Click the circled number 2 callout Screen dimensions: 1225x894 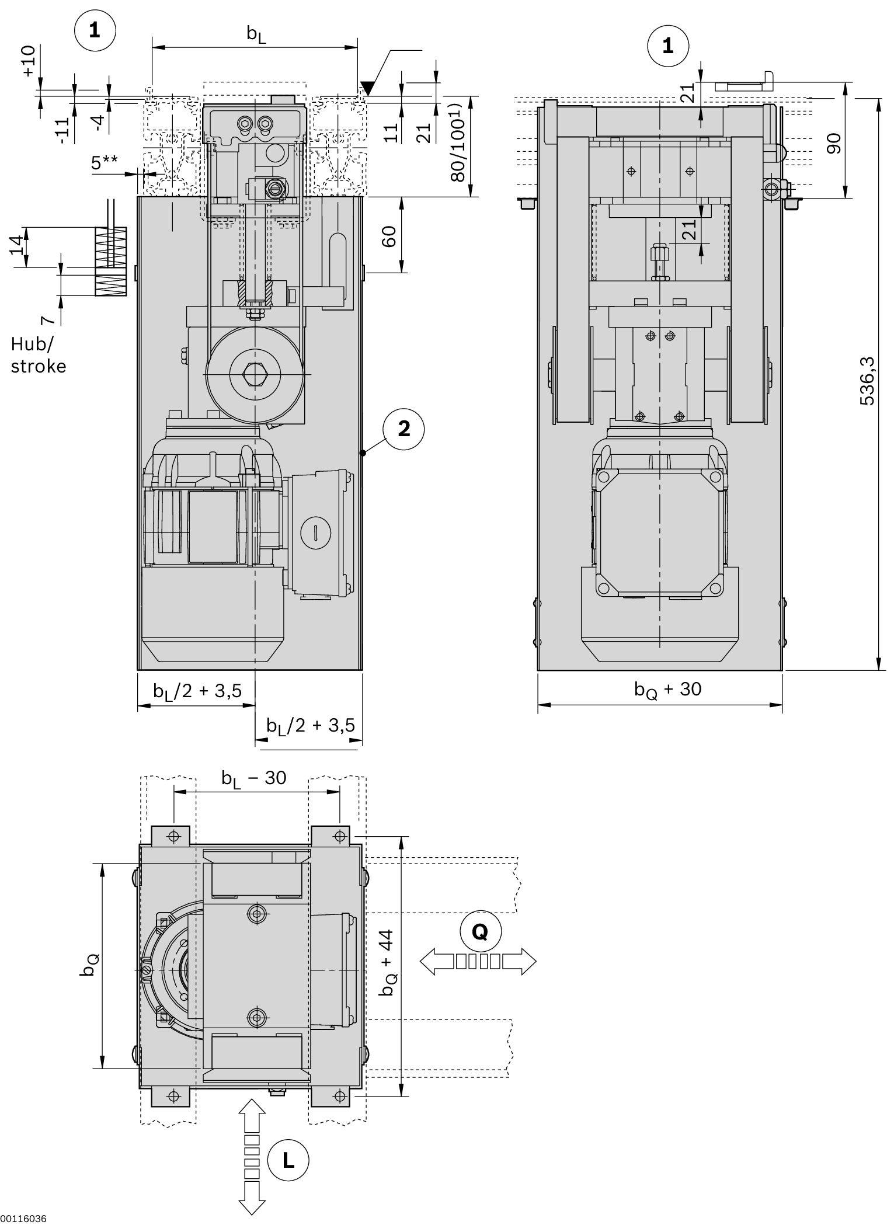click(x=403, y=429)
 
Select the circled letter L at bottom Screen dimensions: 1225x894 click(x=288, y=1160)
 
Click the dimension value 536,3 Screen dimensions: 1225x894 click(x=868, y=381)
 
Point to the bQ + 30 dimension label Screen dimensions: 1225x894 click(x=667, y=690)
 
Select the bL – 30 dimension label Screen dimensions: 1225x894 click(x=253, y=778)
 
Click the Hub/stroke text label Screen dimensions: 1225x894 click(x=38, y=355)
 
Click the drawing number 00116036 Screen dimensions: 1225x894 click(x=23, y=1219)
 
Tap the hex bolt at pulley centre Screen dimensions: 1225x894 click(x=255, y=374)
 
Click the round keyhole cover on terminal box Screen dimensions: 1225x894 click(x=315, y=532)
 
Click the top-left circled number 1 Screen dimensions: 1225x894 click(x=95, y=31)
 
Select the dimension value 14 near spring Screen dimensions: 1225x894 click(x=18, y=245)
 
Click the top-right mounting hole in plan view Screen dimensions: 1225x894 click(x=340, y=837)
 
